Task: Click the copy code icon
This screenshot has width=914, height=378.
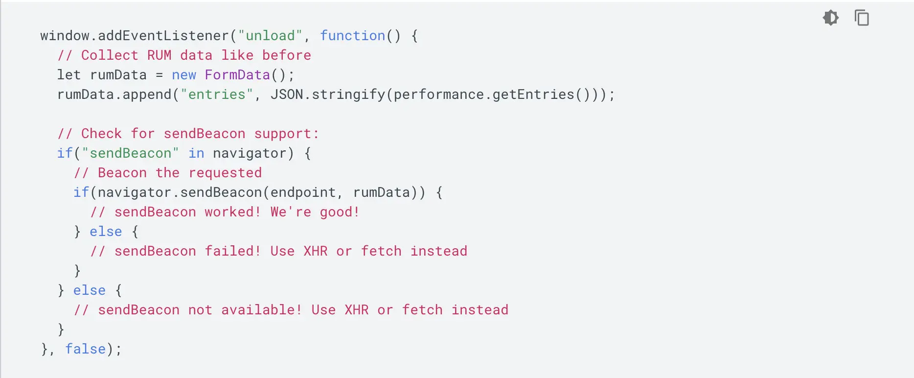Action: tap(862, 18)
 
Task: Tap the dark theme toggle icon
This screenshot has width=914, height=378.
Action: tap(831, 18)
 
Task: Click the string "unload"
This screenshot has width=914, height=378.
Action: tap(270, 36)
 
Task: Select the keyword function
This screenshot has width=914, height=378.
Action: tap(352, 36)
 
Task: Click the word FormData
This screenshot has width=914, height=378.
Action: tap(237, 75)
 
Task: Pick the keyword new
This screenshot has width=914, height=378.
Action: tap(184, 75)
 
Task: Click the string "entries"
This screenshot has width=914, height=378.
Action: tap(217, 94)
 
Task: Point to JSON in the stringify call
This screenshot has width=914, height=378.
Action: tap(287, 94)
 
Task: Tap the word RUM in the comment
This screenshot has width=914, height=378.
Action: tap(159, 55)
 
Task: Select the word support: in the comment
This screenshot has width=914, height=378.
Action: tap(286, 134)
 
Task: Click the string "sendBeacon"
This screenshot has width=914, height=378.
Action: tap(131, 153)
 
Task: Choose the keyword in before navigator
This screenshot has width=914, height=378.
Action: tap(196, 153)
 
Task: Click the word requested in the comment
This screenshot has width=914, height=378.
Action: tap(225, 173)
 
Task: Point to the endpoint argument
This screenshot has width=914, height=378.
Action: tap(303, 192)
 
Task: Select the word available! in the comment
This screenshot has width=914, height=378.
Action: tap(262, 310)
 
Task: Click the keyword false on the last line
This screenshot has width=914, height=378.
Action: tap(86, 349)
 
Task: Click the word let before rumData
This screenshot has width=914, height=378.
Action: tap(69, 75)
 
